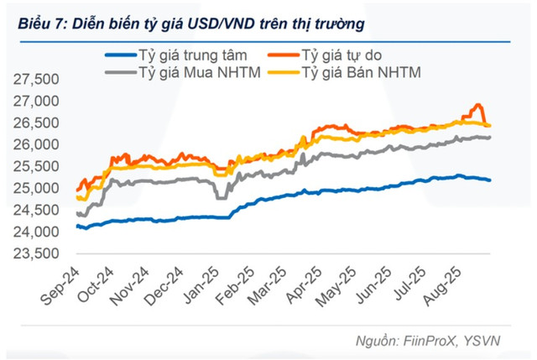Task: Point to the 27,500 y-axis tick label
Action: click(x=36, y=80)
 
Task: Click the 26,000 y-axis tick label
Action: click(x=36, y=145)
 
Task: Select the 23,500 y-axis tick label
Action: click(x=36, y=253)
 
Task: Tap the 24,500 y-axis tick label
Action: click(x=36, y=210)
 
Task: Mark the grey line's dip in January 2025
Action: click(x=221, y=198)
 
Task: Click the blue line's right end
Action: click(x=491, y=180)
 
